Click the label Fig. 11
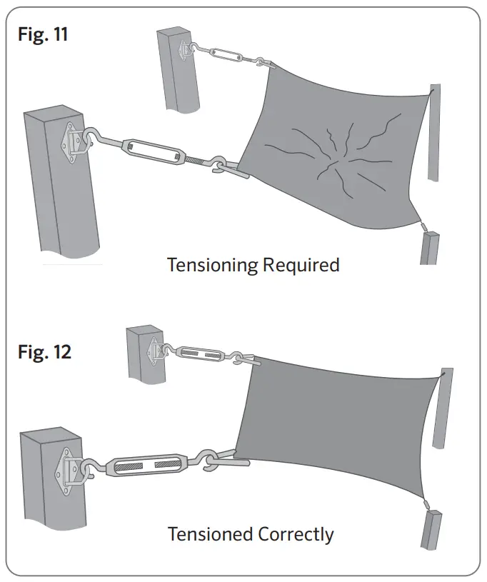43,34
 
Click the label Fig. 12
44,351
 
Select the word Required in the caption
301,265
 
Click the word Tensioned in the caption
210,533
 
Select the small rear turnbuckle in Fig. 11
225,54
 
